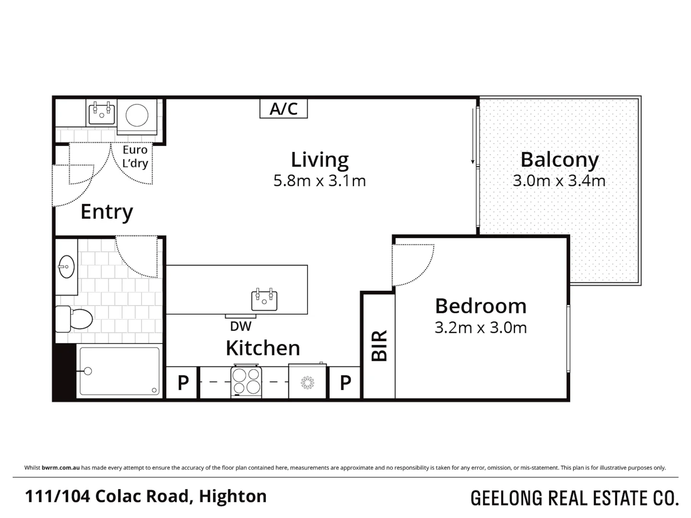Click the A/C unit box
[x=283, y=108]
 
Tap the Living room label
[x=320, y=160]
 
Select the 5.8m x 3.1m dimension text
[x=320, y=181]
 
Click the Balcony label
[x=560, y=160]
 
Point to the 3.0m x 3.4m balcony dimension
[x=559, y=181]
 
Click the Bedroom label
[x=480, y=306]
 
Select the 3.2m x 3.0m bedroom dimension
[x=480, y=328]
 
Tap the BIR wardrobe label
[x=379, y=345]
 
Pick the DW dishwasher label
[x=240, y=326]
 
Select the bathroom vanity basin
[x=66, y=266]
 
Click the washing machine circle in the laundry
[x=137, y=115]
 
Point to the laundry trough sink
[x=102, y=113]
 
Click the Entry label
[x=107, y=212]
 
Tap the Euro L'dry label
[x=135, y=156]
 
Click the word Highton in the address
[x=233, y=496]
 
